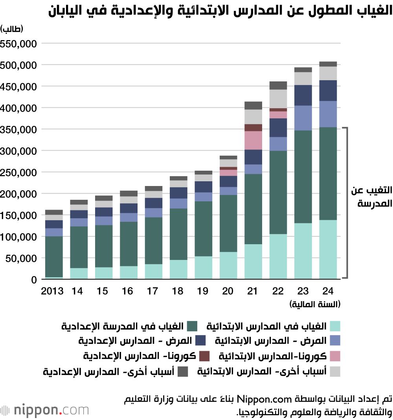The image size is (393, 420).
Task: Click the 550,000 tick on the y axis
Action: tap(19, 43)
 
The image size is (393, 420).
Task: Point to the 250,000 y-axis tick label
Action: tap(19, 172)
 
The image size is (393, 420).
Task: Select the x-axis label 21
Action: tap(253, 291)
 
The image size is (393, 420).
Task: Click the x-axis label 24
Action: tap(328, 291)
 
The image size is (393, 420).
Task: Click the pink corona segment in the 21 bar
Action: tap(253, 140)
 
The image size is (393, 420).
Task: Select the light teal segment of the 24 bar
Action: tap(328, 249)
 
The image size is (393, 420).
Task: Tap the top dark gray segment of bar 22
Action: tap(278, 85)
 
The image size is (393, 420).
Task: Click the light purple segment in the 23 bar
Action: tap(303, 118)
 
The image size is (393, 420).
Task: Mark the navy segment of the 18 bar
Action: tap(178, 193)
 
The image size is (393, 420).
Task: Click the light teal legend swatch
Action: tap(335, 326)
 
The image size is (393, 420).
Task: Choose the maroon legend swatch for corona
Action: tap(204, 356)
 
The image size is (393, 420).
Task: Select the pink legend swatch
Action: tap(335, 356)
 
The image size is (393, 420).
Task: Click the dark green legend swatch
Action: tap(192, 326)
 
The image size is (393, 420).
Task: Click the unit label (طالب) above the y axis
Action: tap(12, 29)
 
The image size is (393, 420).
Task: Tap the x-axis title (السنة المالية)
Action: tap(315, 304)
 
